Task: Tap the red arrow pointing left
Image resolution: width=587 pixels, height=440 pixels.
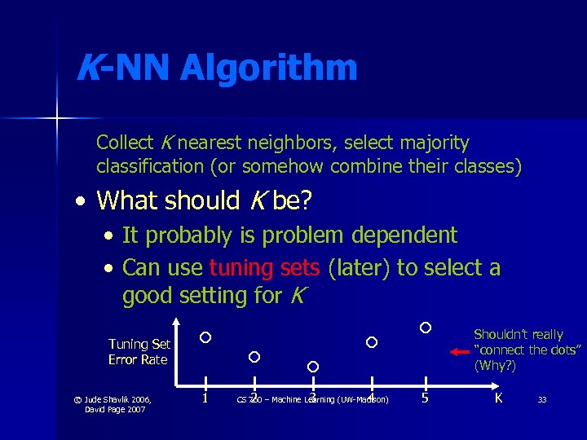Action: coord(460,351)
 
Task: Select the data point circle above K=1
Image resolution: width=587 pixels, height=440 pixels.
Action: coord(205,337)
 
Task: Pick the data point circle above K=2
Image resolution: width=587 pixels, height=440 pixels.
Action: coord(254,357)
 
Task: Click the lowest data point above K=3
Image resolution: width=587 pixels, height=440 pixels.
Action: coord(312,367)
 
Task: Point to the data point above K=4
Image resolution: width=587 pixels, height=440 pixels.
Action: coord(372,342)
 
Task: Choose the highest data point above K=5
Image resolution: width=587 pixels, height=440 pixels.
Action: coord(426,328)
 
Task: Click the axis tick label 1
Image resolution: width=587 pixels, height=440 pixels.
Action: coord(205,398)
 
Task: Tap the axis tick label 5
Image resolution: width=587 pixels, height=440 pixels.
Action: coord(425,398)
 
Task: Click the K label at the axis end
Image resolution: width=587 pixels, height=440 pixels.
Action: coord(498,398)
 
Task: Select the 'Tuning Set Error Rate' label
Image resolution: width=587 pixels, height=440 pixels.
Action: coord(139,352)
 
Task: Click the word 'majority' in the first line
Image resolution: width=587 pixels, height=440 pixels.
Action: coord(435,143)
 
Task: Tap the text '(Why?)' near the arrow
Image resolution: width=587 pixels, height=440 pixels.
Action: coord(495,366)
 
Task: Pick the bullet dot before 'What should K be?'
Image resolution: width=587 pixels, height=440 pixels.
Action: coord(80,200)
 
